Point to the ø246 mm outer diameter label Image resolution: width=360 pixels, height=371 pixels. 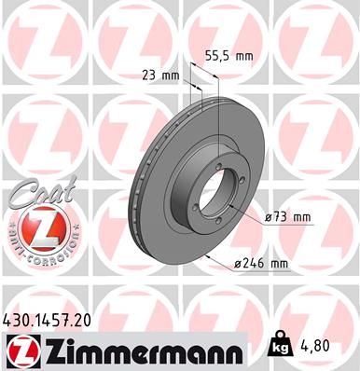click(x=262, y=265)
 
